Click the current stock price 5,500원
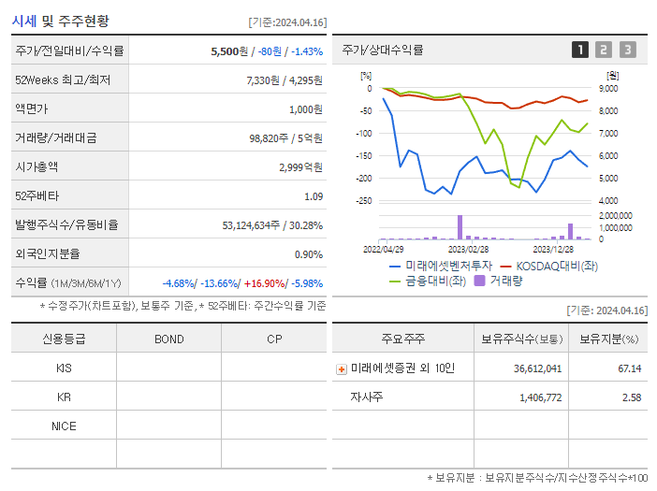230,51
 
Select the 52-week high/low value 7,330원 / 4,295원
285,80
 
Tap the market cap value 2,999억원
300,167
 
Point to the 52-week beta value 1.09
313,196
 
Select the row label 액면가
31,109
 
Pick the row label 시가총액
36,167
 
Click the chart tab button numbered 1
580,50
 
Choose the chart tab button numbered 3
627,50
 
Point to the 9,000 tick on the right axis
607,89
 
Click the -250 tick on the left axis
364,200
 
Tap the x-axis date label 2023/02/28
468,249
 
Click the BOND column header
168,339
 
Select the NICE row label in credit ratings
64,426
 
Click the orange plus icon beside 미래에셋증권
341,368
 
